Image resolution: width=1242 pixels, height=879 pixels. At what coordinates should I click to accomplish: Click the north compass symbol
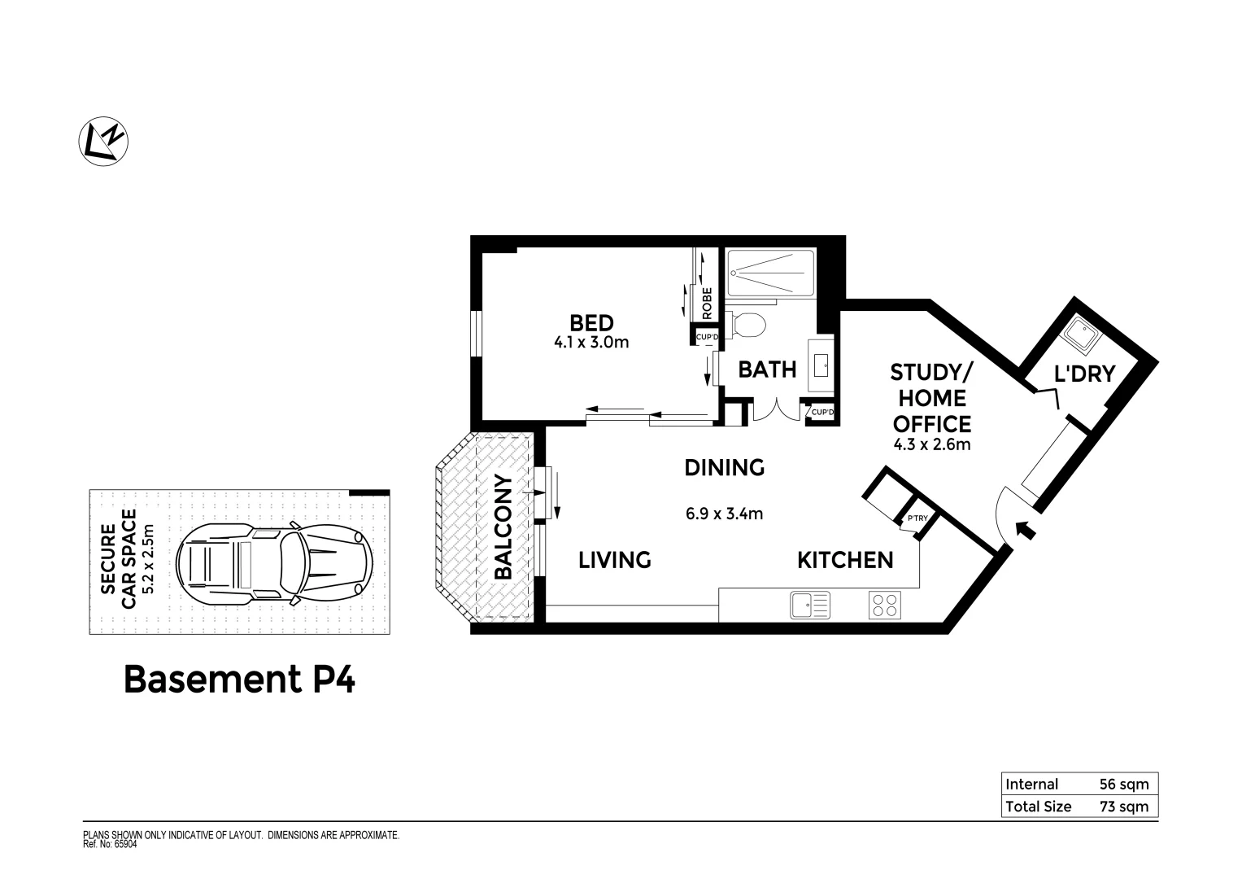(x=103, y=141)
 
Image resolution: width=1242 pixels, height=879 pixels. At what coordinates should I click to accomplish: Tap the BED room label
(x=591, y=323)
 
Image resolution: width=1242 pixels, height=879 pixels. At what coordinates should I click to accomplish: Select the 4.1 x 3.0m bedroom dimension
(x=591, y=343)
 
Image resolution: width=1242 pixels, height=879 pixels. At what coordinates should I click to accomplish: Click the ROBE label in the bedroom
(x=707, y=303)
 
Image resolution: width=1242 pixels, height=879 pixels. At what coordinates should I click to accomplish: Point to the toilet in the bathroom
(x=747, y=325)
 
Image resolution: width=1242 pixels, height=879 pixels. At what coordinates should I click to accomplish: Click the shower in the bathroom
(x=769, y=273)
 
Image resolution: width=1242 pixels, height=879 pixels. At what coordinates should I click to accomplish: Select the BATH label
(x=766, y=370)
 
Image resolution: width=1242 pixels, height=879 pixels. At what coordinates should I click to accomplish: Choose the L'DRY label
(x=1083, y=374)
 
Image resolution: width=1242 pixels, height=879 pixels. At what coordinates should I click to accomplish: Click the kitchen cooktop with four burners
(x=886, y=605)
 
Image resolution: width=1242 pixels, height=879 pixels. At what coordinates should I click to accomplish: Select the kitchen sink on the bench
(x=809, y=605)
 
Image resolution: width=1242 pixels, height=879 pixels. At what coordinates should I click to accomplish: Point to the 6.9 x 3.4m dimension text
(x=725, y=514)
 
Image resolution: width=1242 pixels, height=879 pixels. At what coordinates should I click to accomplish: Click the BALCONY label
(x=503, y=527)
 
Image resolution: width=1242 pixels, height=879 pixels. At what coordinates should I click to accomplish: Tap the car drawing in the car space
(x=274, y=562)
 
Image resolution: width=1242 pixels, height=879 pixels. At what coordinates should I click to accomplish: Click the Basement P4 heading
(x=239, y=680)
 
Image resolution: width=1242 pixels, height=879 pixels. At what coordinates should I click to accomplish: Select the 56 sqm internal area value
(x=1123, y=785)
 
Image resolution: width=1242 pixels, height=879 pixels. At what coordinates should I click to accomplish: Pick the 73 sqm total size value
(x=1123, y=807)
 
